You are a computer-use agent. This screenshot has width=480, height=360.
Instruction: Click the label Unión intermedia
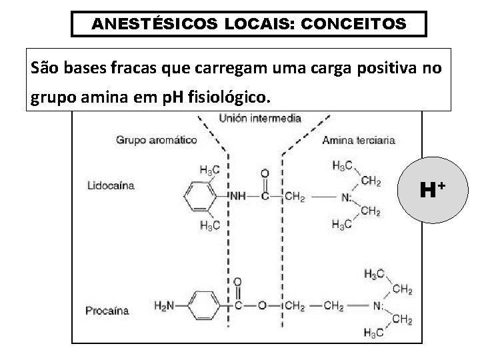pos(260,119)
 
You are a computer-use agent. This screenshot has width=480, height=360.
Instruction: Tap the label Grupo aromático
pos(156,140)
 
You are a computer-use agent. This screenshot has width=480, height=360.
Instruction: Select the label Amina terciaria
pos(358,140)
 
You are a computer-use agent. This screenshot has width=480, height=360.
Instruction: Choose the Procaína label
pos(107,311)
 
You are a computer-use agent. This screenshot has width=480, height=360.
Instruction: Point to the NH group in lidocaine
pos(237,197)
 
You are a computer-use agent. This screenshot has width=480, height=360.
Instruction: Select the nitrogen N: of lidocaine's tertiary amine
pos(347,197)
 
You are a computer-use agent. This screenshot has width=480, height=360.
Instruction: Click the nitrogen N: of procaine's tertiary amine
pos(379,307)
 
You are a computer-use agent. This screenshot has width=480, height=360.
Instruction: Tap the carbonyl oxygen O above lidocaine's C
pos(265,174)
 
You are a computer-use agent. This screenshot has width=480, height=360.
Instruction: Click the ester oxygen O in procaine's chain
pos(261,307)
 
